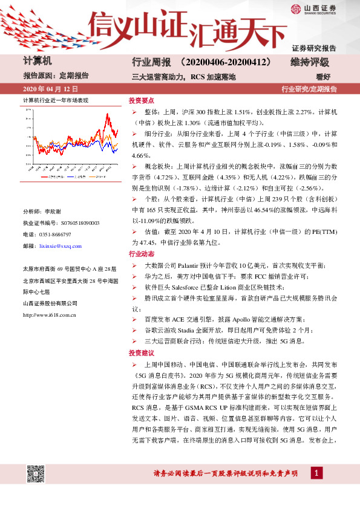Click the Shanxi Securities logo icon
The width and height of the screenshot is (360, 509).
(x=294, y=10)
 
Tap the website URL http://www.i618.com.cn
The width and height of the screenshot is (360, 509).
(x=48, y=314)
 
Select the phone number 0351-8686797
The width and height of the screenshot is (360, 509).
(x=56, y=235)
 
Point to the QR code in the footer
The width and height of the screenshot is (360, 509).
(x=35, y=473)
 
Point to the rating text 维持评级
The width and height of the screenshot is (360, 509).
(x=310, y=62)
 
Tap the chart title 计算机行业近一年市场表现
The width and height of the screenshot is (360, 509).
(x=56, y=100)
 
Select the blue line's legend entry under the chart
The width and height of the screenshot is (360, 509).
(x=94, y=177)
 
